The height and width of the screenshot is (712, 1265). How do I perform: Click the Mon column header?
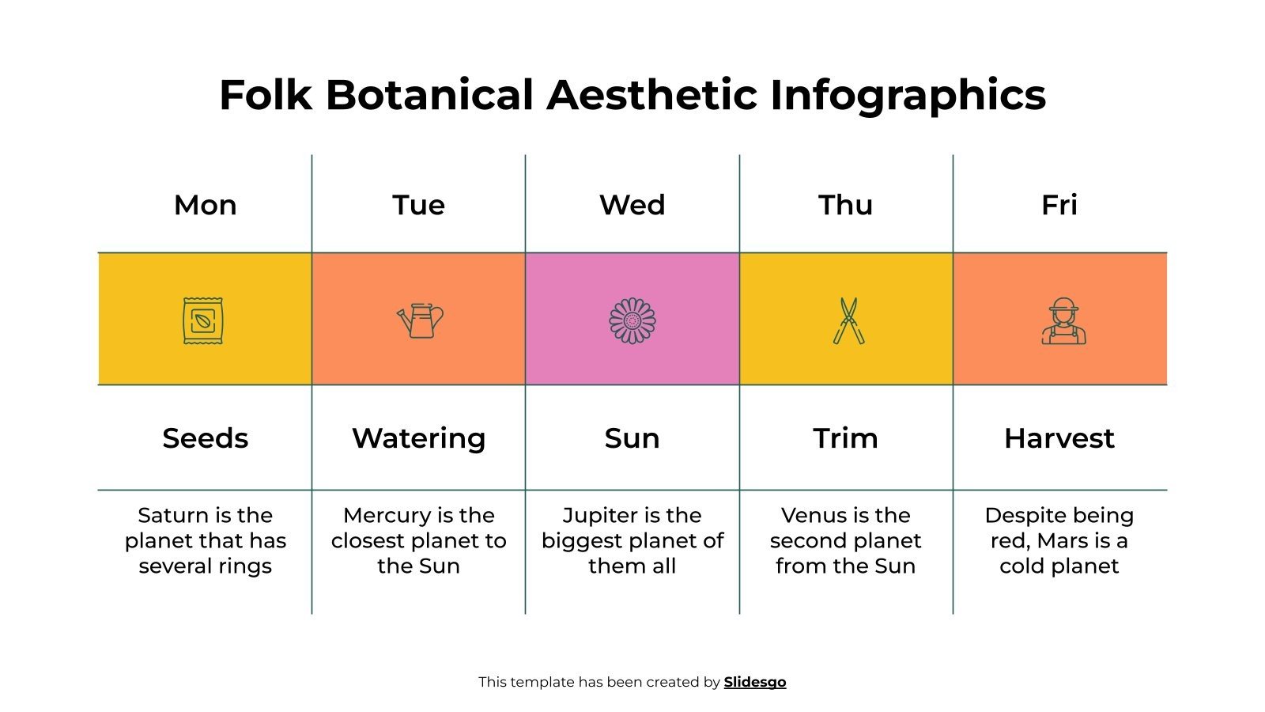click(205, 205)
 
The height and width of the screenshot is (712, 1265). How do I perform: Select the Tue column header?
click(418, 205)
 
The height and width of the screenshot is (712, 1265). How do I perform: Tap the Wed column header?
click(632, 205)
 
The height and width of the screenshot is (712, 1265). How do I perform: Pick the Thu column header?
click(845, 205)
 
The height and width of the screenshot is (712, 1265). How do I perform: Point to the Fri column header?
click(1059, 205)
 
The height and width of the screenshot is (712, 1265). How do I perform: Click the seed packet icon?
click(203, 320)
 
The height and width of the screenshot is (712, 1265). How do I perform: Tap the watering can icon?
click(421, 320)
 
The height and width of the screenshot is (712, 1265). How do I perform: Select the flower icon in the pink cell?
click(632, 320)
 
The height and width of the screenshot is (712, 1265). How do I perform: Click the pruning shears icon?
click(848, 320)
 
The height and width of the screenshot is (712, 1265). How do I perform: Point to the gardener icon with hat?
click(1063, 321)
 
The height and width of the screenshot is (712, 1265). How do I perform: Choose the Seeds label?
click(205, 438)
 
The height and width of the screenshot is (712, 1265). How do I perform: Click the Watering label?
click(418, 438)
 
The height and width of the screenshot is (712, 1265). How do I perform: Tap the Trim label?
click(845, 438)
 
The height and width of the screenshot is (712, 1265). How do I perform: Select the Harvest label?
click(1059, 438)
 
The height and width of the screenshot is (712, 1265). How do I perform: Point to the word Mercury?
click(382, 516)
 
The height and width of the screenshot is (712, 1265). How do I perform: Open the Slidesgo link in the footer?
click(754, 682)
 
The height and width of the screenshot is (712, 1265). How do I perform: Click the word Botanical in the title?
click(429, 95)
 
